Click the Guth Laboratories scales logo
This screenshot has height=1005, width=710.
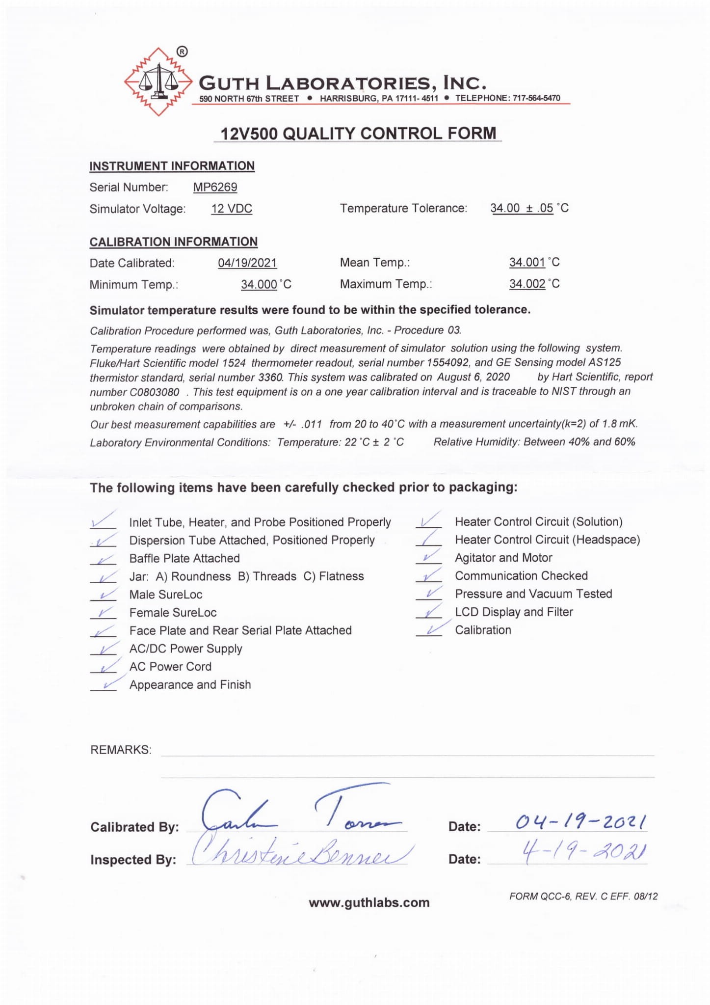point(158,81)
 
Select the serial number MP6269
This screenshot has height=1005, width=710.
point(215,187)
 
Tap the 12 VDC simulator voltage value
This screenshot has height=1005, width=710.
point(232,209)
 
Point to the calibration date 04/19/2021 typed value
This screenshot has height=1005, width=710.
point(247,263)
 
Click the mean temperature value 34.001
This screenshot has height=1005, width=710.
point(527,262)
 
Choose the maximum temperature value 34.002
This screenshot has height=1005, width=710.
point(527,284)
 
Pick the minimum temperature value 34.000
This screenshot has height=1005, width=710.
point(259,284)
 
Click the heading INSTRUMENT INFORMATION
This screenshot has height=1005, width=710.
point(172,166)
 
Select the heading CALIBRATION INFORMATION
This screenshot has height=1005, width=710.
point(173,242)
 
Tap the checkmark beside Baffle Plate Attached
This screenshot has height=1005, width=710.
point(104,559)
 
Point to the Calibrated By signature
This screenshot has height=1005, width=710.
point(299,810)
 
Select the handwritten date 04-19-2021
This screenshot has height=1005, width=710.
point(580,821)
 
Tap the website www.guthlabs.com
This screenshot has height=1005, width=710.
point(369,902)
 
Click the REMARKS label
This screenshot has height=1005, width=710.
point(121,750)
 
